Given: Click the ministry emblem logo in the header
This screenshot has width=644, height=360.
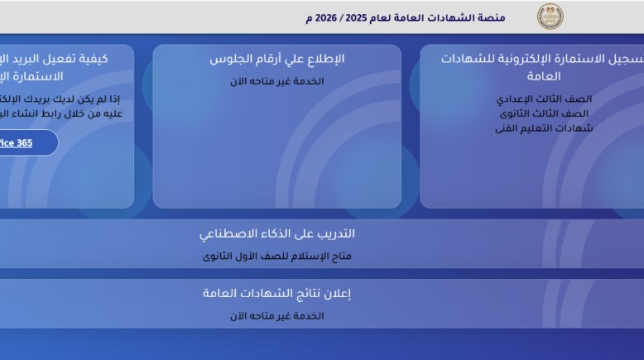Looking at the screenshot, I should pyautogui.click(x=550, y=17).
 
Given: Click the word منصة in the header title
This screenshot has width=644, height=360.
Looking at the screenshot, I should pyautogui.click(x=513, y=17).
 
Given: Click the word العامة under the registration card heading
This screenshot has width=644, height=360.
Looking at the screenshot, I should pyautogui.click(x=555, y=76).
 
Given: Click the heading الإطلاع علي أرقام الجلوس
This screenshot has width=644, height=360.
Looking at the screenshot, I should pyautogui.click(x=276, y=59).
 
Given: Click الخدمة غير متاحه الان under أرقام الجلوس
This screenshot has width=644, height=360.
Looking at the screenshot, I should pyautogui.click(x=276, y=81).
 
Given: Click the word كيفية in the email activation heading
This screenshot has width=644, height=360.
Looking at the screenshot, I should pyautogui.click(x=113, y=59).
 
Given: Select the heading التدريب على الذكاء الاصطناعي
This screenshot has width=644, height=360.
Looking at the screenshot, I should pyautogui.click(x=276, y=233).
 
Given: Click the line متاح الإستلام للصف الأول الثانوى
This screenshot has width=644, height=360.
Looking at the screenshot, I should pyautogui.click(x=276, y=256).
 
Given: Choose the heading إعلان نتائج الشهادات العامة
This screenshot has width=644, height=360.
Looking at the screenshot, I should pyautogui.click(x=276, y=293).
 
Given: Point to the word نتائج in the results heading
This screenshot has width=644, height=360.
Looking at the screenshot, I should pyautogui.click(x=303, y=293).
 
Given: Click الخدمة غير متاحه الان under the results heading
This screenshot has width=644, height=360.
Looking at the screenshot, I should pyautogui.click(x=276, y=315).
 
